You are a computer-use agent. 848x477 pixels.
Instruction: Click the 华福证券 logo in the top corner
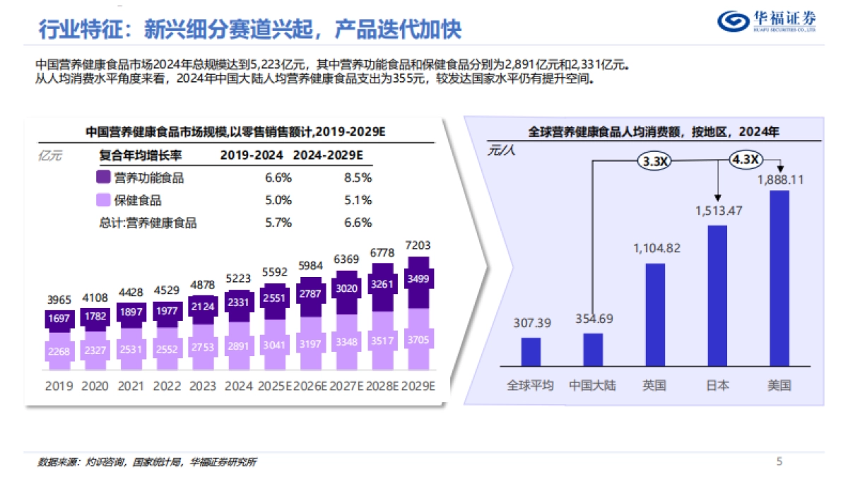tap(766, 22)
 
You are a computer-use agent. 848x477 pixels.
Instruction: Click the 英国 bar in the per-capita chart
tap(655, 314)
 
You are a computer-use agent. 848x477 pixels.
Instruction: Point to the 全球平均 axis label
tap(530, 386)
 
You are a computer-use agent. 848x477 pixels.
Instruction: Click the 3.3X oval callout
tap(655, 162)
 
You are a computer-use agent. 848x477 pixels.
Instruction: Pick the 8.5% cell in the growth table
tap(358, 178)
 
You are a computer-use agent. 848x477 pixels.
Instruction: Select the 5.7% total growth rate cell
tap(278, 223)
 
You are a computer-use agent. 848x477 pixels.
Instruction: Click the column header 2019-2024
tap(252, 155)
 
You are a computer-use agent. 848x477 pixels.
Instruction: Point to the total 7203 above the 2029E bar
tap(418, 246)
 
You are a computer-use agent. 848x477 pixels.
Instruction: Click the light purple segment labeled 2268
tap(59, 351)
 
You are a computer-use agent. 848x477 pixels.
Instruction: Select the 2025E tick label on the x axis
tap(275, 387)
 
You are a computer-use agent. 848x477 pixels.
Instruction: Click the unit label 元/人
tap(500, 151)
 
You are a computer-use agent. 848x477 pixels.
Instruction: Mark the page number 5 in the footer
tap(779, 461)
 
